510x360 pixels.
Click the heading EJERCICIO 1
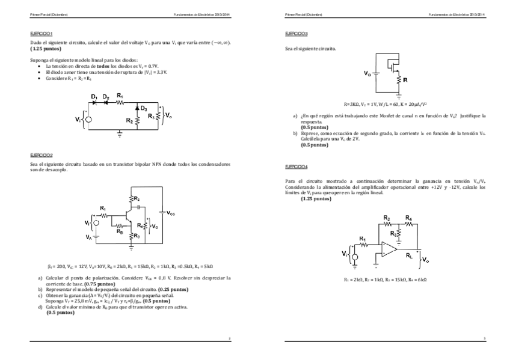point(41,34)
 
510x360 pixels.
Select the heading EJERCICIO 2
point(41,154)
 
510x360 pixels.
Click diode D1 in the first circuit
point(94,102)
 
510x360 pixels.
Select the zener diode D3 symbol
point(137,108)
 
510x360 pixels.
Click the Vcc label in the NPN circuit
point(171,213)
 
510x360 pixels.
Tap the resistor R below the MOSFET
point(397,79)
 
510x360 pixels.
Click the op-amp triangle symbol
point(388,247)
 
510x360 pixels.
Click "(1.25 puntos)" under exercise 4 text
point(316,198)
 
